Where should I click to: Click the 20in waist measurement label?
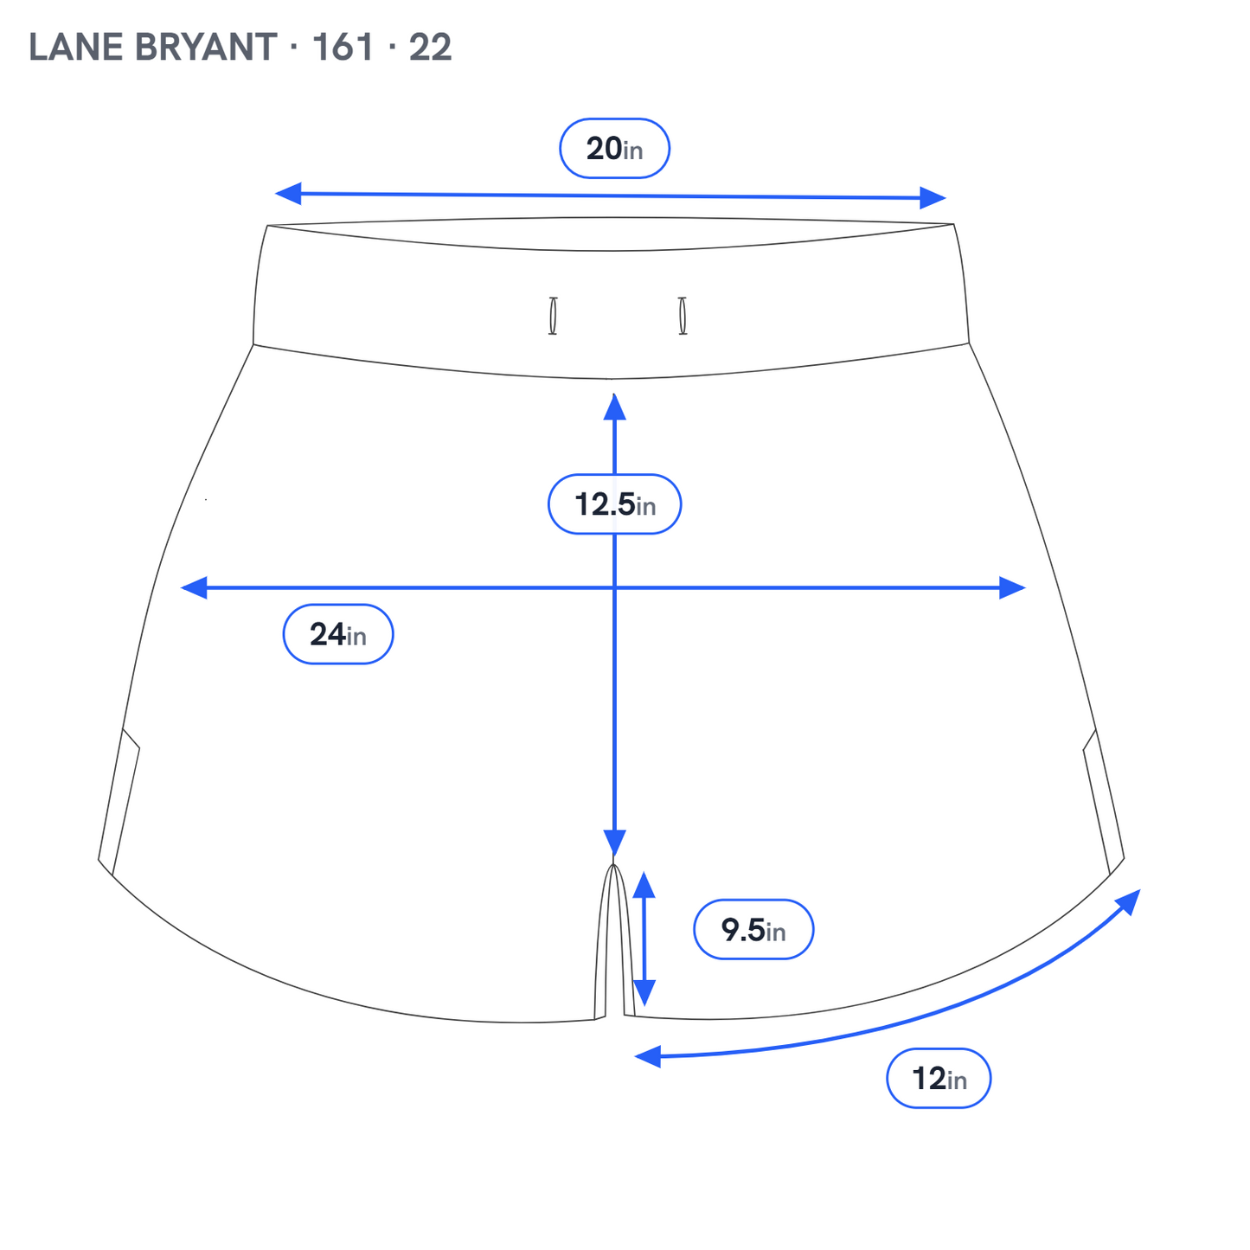point(614,149)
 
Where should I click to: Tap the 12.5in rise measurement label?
point(614,504)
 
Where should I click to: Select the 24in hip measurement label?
point(338,634)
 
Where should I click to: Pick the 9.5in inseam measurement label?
point(753,929)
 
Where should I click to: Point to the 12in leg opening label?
point(939,1078)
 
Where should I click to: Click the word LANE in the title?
point(76,48)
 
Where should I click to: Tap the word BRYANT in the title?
point(206,48)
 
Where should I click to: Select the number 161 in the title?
point(343,48)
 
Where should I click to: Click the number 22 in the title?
point(430,48)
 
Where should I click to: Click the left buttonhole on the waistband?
point(553,316)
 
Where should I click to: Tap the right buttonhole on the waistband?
point(683,316)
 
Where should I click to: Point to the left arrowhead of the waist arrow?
point(288,193)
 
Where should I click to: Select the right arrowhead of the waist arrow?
point(933,198)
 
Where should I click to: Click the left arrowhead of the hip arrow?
point(194,587)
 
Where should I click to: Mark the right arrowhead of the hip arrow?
point(1012,587)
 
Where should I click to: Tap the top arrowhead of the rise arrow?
point(614,407)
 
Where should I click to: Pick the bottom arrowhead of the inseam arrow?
point(644,992)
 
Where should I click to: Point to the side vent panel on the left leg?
point(119,802)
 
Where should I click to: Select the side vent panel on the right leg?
point(1104,802)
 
